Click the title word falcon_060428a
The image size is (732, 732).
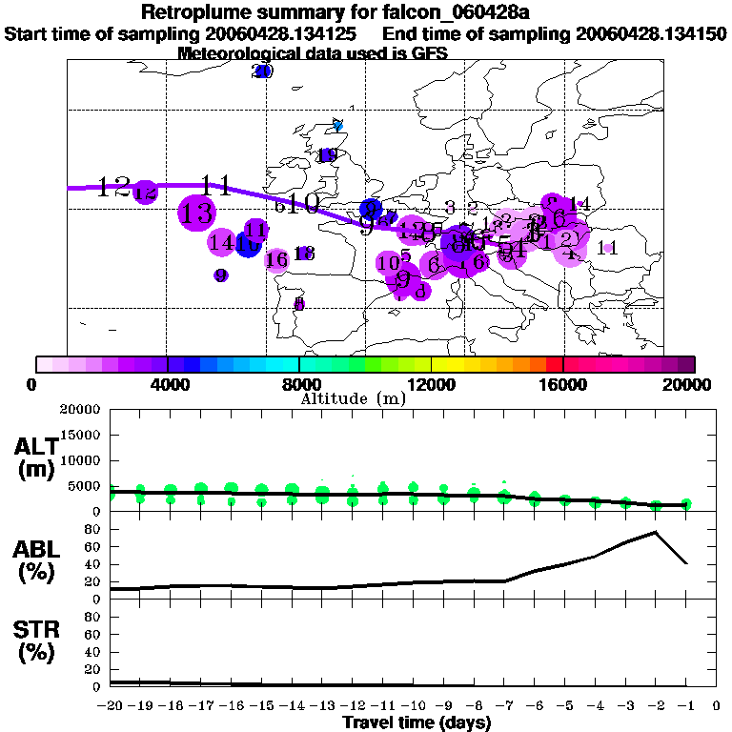(443, 13)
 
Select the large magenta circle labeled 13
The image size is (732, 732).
(196, 213)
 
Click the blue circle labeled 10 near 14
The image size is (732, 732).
(248, 244)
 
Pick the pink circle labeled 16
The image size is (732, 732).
(276, 259)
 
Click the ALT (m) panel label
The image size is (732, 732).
(36, 457)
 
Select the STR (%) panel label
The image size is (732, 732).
(36, 640)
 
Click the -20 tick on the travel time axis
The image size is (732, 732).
(112, 705)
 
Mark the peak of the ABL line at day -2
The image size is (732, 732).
(656, 532)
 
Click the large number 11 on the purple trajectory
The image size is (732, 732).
(216, 186)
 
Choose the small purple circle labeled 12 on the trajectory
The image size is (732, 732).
(145, 193)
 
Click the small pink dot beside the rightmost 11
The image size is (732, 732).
(608, 248)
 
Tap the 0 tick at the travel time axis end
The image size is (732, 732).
(716, 705)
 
